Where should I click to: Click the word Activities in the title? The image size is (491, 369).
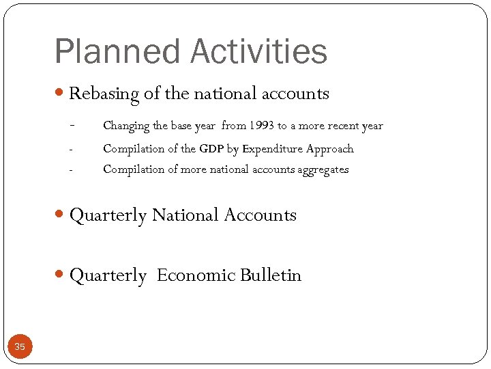260,52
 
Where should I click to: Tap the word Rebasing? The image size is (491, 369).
104,94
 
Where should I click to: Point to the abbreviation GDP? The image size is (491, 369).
212,148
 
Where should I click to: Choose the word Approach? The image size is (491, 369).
330,149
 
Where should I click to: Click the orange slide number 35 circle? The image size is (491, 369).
20,347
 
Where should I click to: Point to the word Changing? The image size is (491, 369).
125,126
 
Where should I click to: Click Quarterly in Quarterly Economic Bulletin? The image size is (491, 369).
108,276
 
